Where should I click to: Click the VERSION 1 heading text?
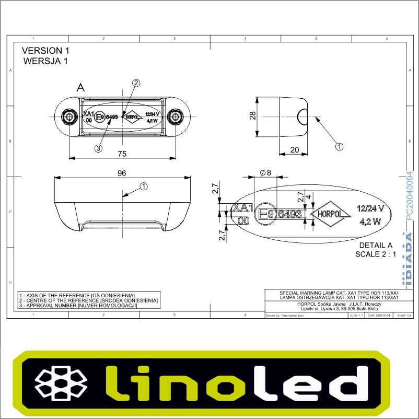click(45, 51)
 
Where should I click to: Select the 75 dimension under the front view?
click(121, 154)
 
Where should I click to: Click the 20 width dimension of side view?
click(295, 149)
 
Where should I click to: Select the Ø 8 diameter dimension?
click(265, 173)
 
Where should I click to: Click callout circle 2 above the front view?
click(136, 83)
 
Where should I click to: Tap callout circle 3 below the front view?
click(98, 148)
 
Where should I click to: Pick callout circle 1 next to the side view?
click(339, 147)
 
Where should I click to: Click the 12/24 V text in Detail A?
click(370, 208)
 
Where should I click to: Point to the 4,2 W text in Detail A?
click(370, 221)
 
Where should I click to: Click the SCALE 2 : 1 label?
click(375, 254)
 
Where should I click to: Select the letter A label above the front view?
click(80, 88)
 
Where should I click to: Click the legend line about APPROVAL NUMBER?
click(77, 305)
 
